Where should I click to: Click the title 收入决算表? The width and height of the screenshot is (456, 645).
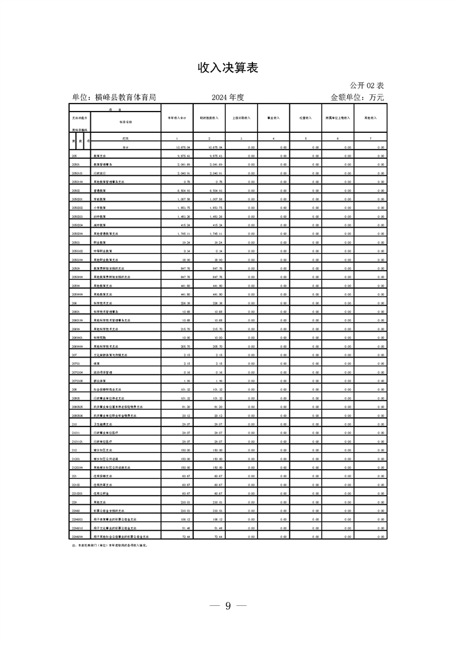pos(228,68)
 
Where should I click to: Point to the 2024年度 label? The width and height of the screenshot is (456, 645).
pos(228,97)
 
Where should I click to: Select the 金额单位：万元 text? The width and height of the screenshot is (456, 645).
pos(357,97)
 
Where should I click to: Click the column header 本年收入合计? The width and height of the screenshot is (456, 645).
pos(177,118)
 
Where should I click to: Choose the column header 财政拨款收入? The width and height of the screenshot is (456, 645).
pos(209,118)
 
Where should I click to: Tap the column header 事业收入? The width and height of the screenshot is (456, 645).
pos(273,118)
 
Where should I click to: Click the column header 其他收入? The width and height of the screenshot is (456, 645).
pos(370,118)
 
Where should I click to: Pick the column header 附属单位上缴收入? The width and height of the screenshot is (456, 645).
pos(338,118)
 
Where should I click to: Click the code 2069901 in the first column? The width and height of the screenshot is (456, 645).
pos(78,337)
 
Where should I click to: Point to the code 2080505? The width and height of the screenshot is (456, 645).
pos(78,406)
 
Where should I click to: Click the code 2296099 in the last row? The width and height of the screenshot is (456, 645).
pos(78,536)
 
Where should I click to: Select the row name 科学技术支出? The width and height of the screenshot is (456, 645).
pos(105,303)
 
